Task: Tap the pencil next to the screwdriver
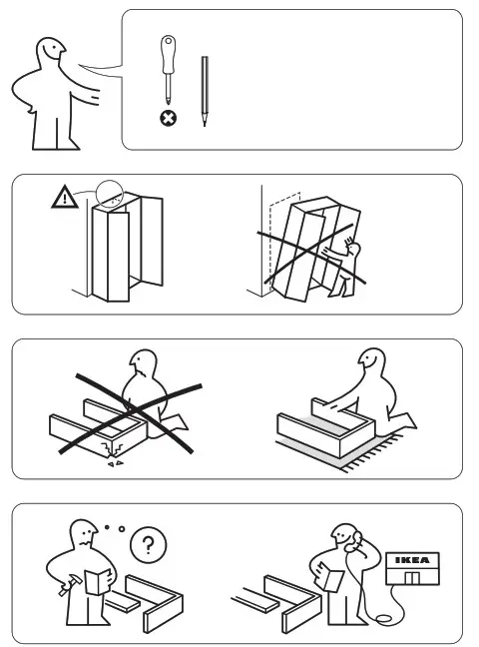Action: pyautogui.click(x=205, y=90)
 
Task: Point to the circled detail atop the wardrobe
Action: pyautogui.click(x=109, y=197)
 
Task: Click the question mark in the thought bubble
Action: pyautogui.click(x=149, y=544)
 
